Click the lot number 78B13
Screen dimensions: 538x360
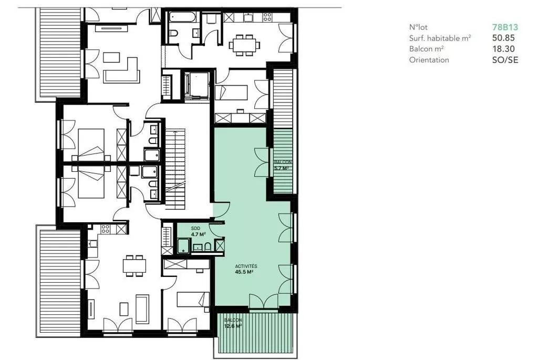(x=505, y=27)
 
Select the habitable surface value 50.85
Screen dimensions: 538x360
(x=503, y=38)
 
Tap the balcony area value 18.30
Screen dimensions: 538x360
(x=503, y=49)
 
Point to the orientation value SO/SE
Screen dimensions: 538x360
(x=505, y=60)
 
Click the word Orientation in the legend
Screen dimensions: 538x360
(x=429, y=60)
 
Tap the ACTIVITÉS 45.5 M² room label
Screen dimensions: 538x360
(x=246, y=269)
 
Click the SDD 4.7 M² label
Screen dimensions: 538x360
(x=198, y=232)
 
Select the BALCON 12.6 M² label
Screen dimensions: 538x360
(x=233, y=323)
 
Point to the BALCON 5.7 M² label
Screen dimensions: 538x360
(x=283, y=165)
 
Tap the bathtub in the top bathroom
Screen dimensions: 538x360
(x=182, y=17)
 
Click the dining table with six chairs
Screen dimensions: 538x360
(x=244, y=45)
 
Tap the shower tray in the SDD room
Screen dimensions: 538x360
(x=183, y=246)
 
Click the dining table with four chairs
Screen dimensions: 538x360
(x=134, y=265)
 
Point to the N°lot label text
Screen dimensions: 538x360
(x=418, y=27)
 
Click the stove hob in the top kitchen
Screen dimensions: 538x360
(x=267, y=17)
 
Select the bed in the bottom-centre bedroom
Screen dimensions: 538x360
(x=193, y=300)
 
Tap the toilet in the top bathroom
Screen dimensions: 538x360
(x=173, y=33)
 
